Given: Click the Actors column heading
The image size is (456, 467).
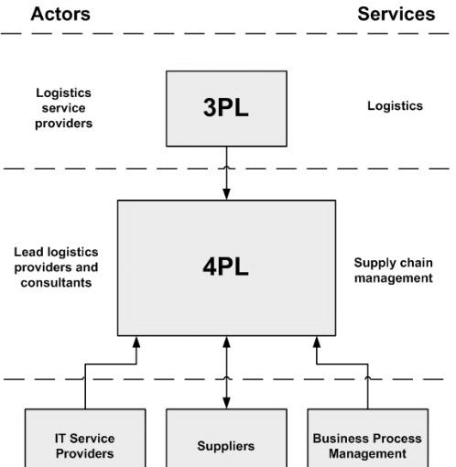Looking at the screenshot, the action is tap(60, 14).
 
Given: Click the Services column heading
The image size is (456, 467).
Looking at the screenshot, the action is tap(396, 14).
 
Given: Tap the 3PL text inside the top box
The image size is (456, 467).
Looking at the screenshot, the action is tap(226, 107).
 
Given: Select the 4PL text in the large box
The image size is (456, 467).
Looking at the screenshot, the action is tap(226, 266).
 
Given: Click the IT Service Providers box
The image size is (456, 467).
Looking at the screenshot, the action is tap(85, 438).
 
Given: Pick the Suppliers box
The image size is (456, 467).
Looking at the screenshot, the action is tap(226, 438).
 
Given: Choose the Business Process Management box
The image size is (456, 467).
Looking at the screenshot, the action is tap(368, 438).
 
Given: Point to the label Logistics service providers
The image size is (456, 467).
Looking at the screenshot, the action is tap(63, 108).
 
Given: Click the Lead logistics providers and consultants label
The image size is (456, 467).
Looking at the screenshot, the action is tap(56, 267).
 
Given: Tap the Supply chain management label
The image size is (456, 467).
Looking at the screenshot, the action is tap(394, 270).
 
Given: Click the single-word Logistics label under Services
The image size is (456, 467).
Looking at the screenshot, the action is tap(395, 106).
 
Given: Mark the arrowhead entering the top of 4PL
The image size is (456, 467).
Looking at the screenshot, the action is tap(226, 194).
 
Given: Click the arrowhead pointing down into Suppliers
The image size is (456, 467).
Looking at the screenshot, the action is tap(226, 403).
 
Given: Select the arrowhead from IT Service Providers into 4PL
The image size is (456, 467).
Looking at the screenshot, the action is tap(136, 342).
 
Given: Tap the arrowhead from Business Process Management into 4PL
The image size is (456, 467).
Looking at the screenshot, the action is tap(317, 342).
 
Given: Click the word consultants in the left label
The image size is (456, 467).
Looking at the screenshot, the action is tap(56, 283).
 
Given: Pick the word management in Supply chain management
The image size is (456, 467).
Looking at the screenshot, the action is tap(394, 278).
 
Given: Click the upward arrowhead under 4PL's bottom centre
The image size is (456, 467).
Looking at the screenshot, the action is tap(226, 342).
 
